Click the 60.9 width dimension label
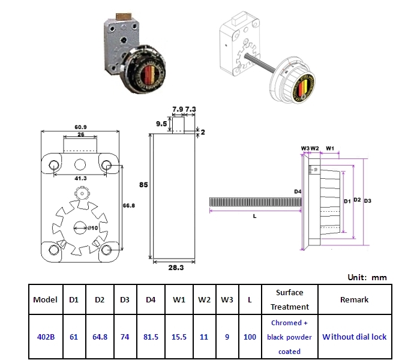point(80,128)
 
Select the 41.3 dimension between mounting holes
point(80,179)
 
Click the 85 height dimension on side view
point(144,185)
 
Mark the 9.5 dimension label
point(160,124)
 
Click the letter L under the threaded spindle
point(254,217)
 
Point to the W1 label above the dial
point(329,147)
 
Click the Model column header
point(46,299)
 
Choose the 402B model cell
point(46,337)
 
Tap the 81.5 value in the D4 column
point(152,337)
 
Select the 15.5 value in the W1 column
point(178,337)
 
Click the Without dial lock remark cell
point(354,337)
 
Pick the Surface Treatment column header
point(289,299)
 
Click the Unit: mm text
point(367,277)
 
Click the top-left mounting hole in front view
point(53,164)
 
